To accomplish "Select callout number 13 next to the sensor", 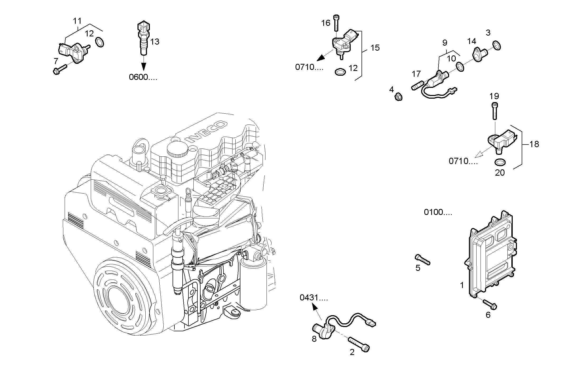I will [x=155, y=42].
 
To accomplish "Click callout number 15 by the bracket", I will [x=375, y=48].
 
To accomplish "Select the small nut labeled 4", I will [x=398, y=97].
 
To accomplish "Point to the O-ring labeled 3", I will [x=496, y=46].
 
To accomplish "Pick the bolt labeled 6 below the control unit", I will [x=490, y=304].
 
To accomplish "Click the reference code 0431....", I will [x=313, y=298].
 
